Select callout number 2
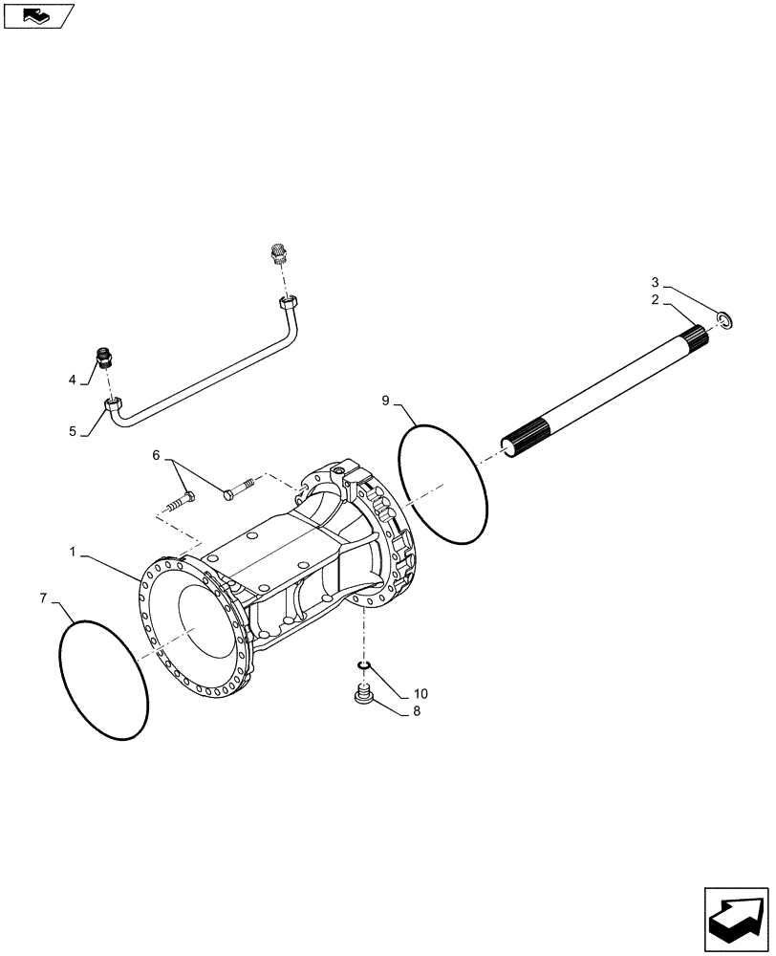coord(656,300)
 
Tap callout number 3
coord(656,282)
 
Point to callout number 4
coord(72,380)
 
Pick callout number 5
coord(72,431)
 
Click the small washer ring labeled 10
coord(363,665)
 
